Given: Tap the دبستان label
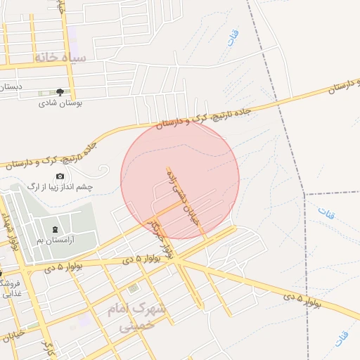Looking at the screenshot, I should pos(11,86).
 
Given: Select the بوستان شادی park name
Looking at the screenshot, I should pos(60,103).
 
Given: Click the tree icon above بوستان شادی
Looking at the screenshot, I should pos(60,92).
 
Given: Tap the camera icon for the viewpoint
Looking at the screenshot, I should pos(60,176).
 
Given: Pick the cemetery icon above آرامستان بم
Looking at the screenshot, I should pos(56,229).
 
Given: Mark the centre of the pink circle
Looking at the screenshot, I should pos(180,179).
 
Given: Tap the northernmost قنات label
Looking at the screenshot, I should pos(231,38).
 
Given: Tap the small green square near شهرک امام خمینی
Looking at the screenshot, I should pos(134,288).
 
